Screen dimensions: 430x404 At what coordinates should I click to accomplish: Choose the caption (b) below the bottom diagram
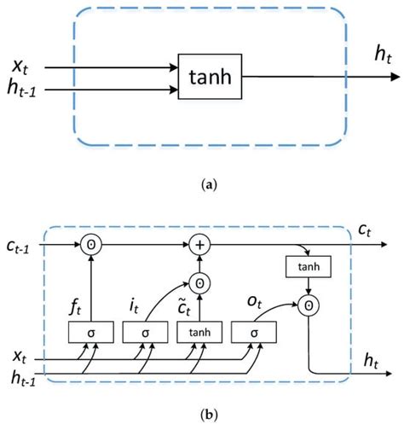tap(202, 415)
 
